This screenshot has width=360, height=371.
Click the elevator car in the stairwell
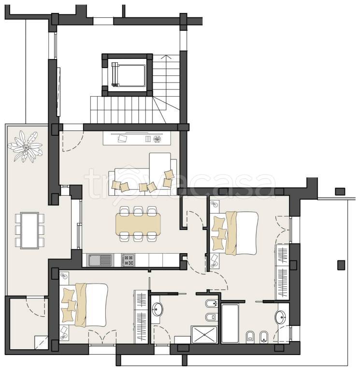coord(128,75)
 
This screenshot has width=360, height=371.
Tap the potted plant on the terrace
coord(25,146)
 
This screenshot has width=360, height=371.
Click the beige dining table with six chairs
coord(138,224)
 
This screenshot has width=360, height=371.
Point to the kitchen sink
coord(100,260)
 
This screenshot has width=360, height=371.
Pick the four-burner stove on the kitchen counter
coord(128,260)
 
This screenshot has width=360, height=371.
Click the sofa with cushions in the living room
coord(143,174)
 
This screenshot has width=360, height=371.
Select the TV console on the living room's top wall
coord(137,138)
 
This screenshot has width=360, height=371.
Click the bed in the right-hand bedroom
coord(234,233)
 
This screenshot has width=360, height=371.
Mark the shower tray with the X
coord(204,335)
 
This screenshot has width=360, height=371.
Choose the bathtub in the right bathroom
coord(230,323)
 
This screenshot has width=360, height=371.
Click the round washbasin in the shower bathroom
coord(157,309)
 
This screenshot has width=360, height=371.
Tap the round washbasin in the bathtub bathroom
coord(280,317)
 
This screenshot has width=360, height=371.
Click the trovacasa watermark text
coord(180,184)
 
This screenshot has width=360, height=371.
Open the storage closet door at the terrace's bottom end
coord(35,307)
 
